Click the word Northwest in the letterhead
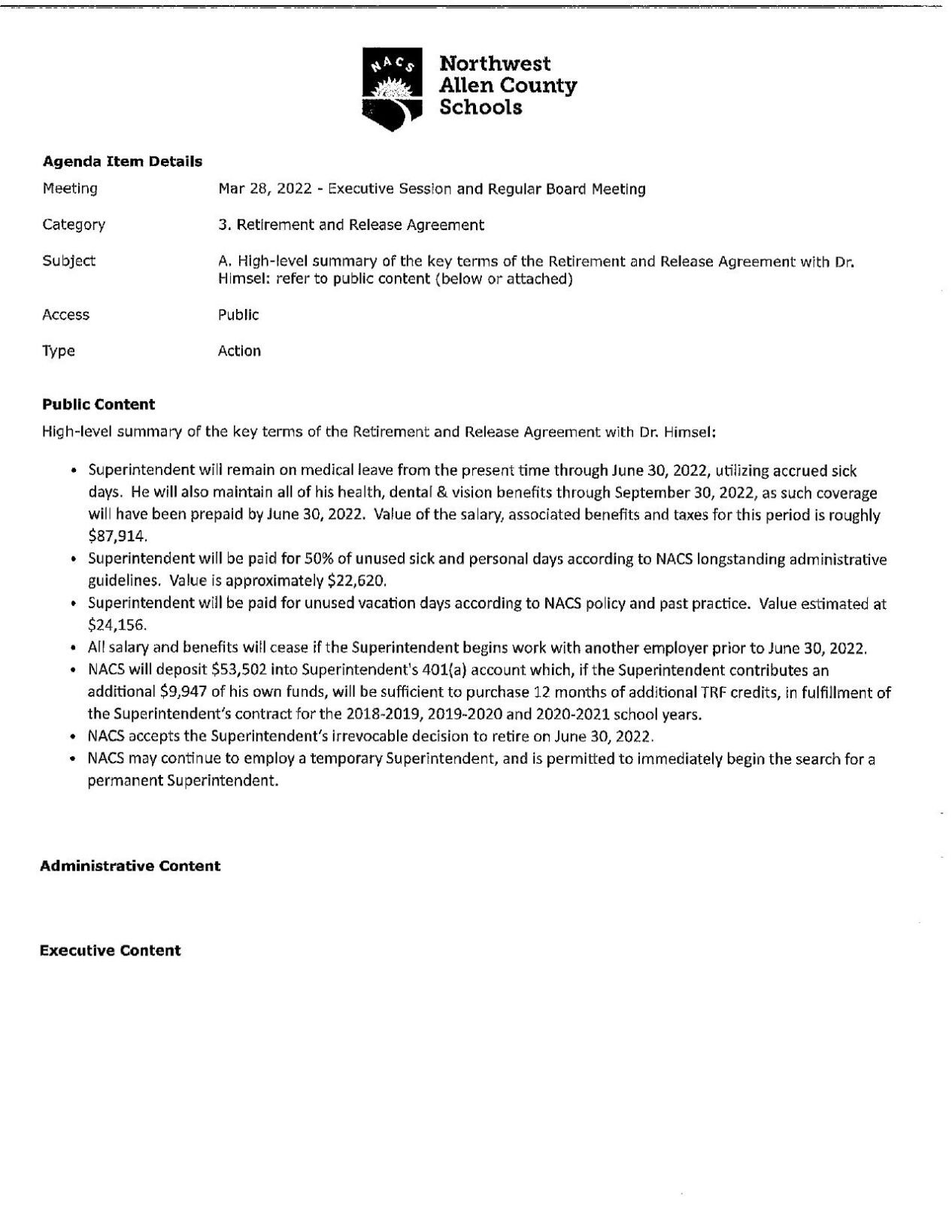point(494,64)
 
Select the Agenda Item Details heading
point(122,161)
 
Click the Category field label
point(74,225)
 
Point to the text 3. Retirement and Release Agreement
point(350,225)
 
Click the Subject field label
point(69,261)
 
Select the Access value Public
point(238,315)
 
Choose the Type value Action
point(239,351)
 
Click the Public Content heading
point(99,404)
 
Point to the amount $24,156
point(117,625)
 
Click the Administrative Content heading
point(129,866)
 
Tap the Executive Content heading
point(110,951)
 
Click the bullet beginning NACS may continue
point(481,759)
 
